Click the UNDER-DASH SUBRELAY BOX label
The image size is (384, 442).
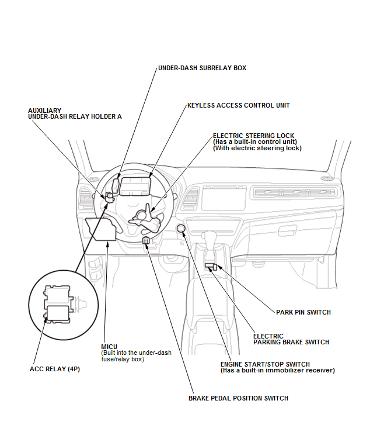[x=202, y=68]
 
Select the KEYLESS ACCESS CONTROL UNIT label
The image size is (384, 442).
[x=238, y=106]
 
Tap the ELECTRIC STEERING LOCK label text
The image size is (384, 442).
[x=253, y=135]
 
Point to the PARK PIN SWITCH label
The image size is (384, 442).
[x=303, y=312]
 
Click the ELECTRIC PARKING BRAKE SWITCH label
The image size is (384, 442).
[x=291, y=339]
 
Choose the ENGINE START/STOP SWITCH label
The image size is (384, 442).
[x=265, y=364]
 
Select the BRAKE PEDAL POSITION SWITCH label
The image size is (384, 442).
[x=238, y=398]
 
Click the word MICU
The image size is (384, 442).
[x=109, y=347]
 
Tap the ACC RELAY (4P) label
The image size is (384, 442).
[x=54, y=369]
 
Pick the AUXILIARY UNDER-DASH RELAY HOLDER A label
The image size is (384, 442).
[x=75, y=113]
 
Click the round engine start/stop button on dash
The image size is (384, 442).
[x=181, y=228]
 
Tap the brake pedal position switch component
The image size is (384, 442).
[x=145, y=240]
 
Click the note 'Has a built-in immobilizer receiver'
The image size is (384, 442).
[x=277, y=371]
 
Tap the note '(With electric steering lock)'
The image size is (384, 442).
[x=257, y=149]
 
